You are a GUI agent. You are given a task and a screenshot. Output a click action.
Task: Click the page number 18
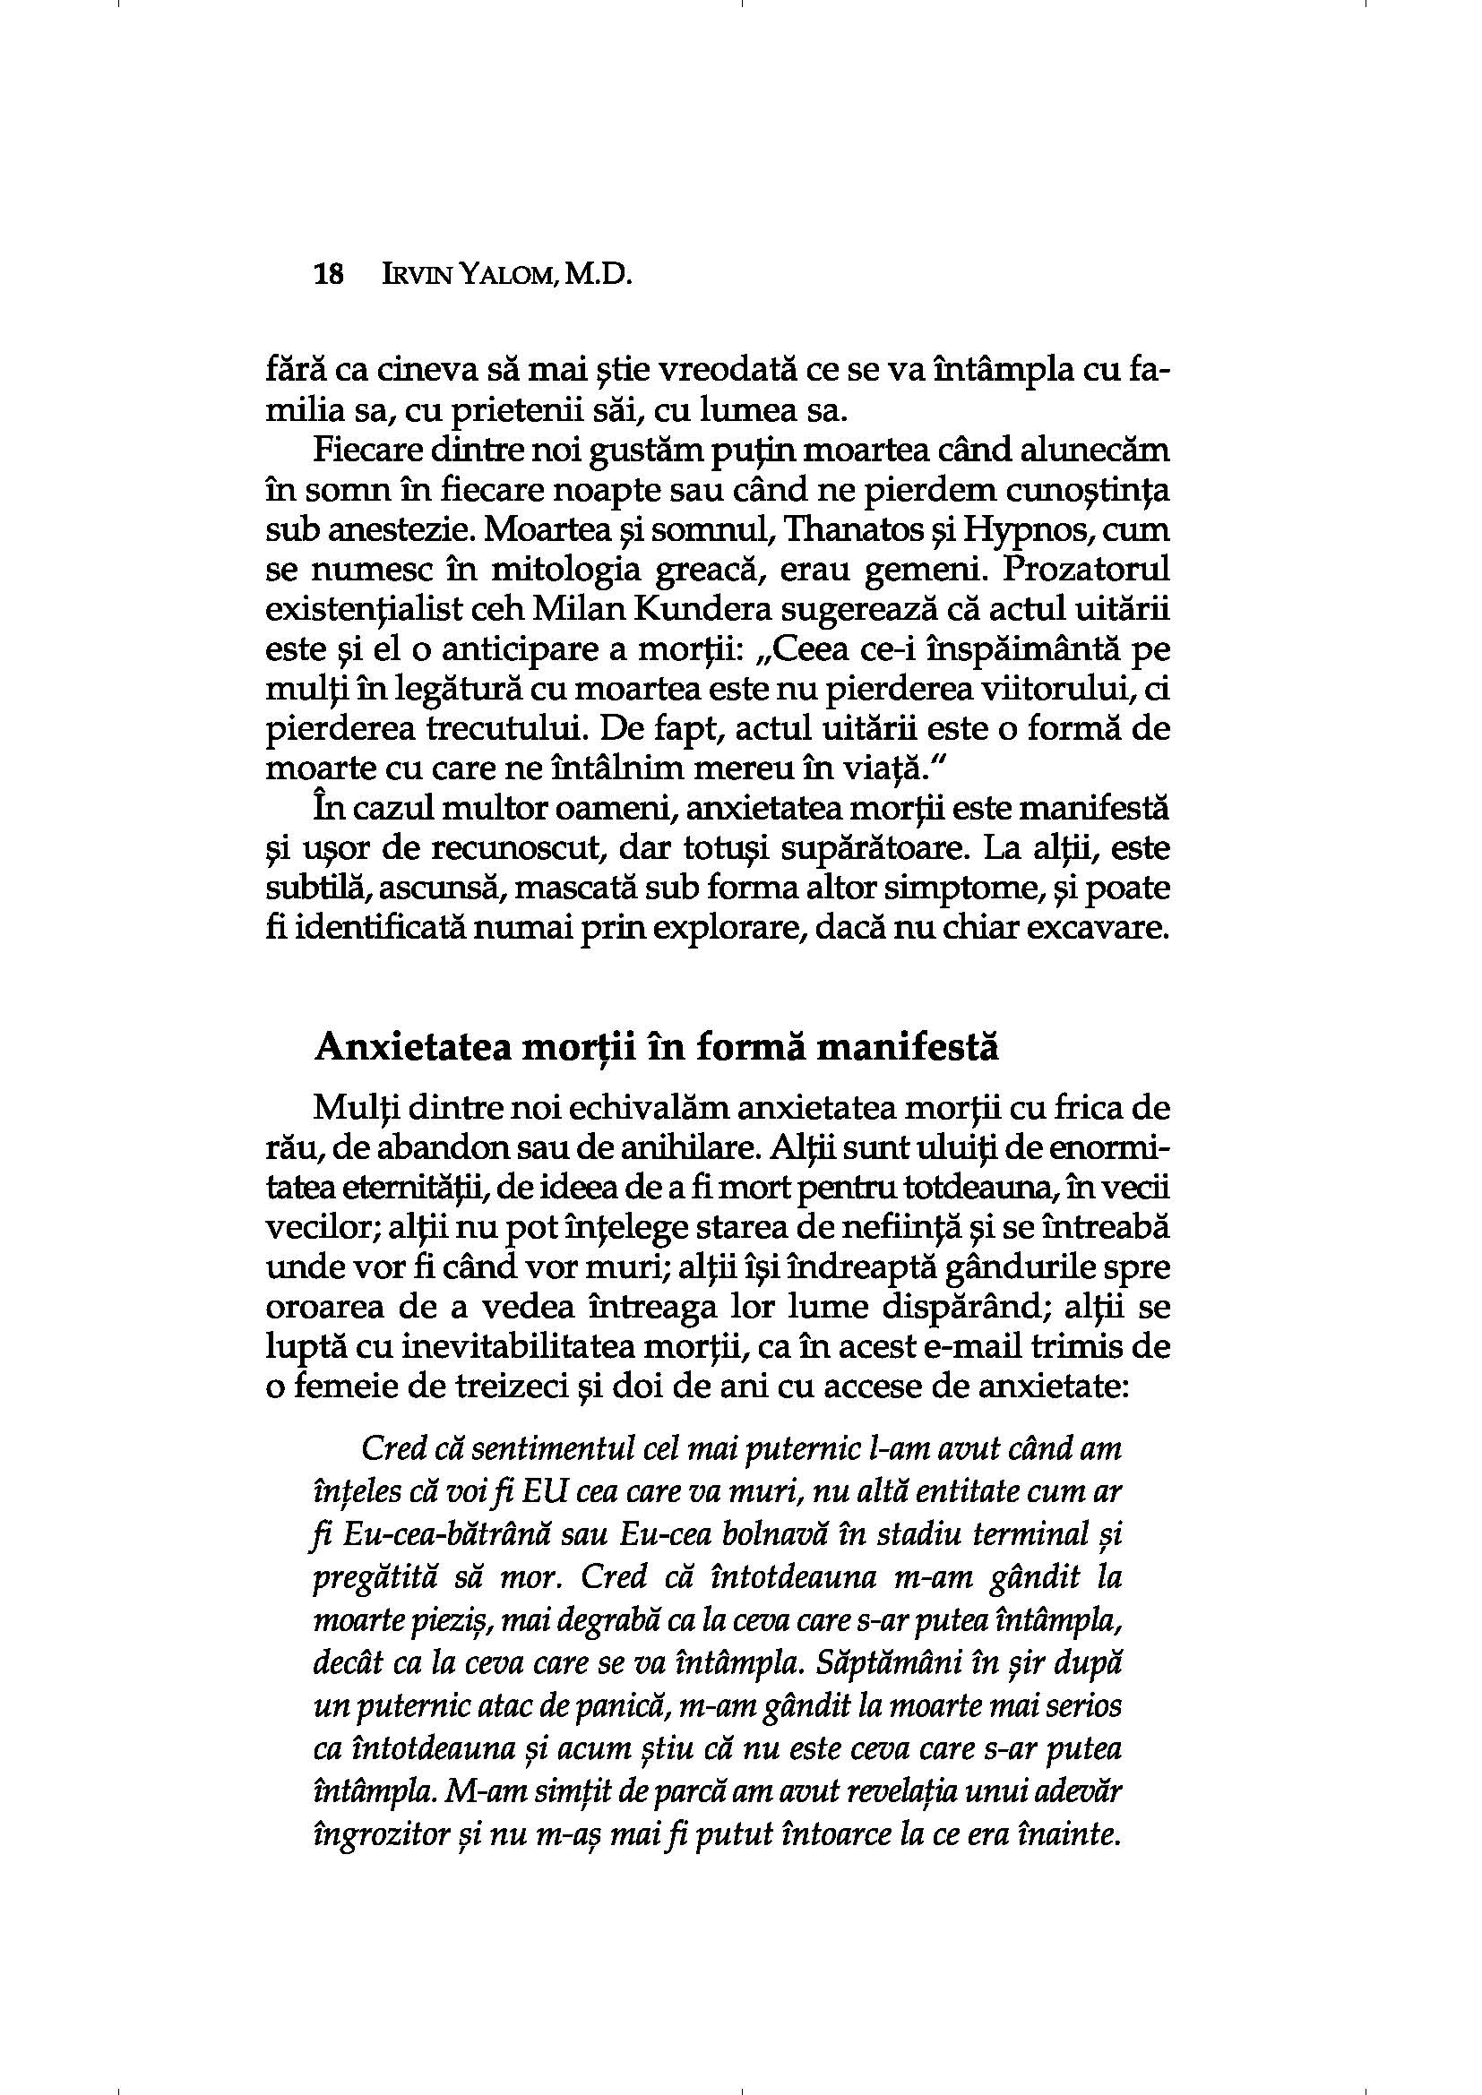pyautogui.click(x=328, y=275)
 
